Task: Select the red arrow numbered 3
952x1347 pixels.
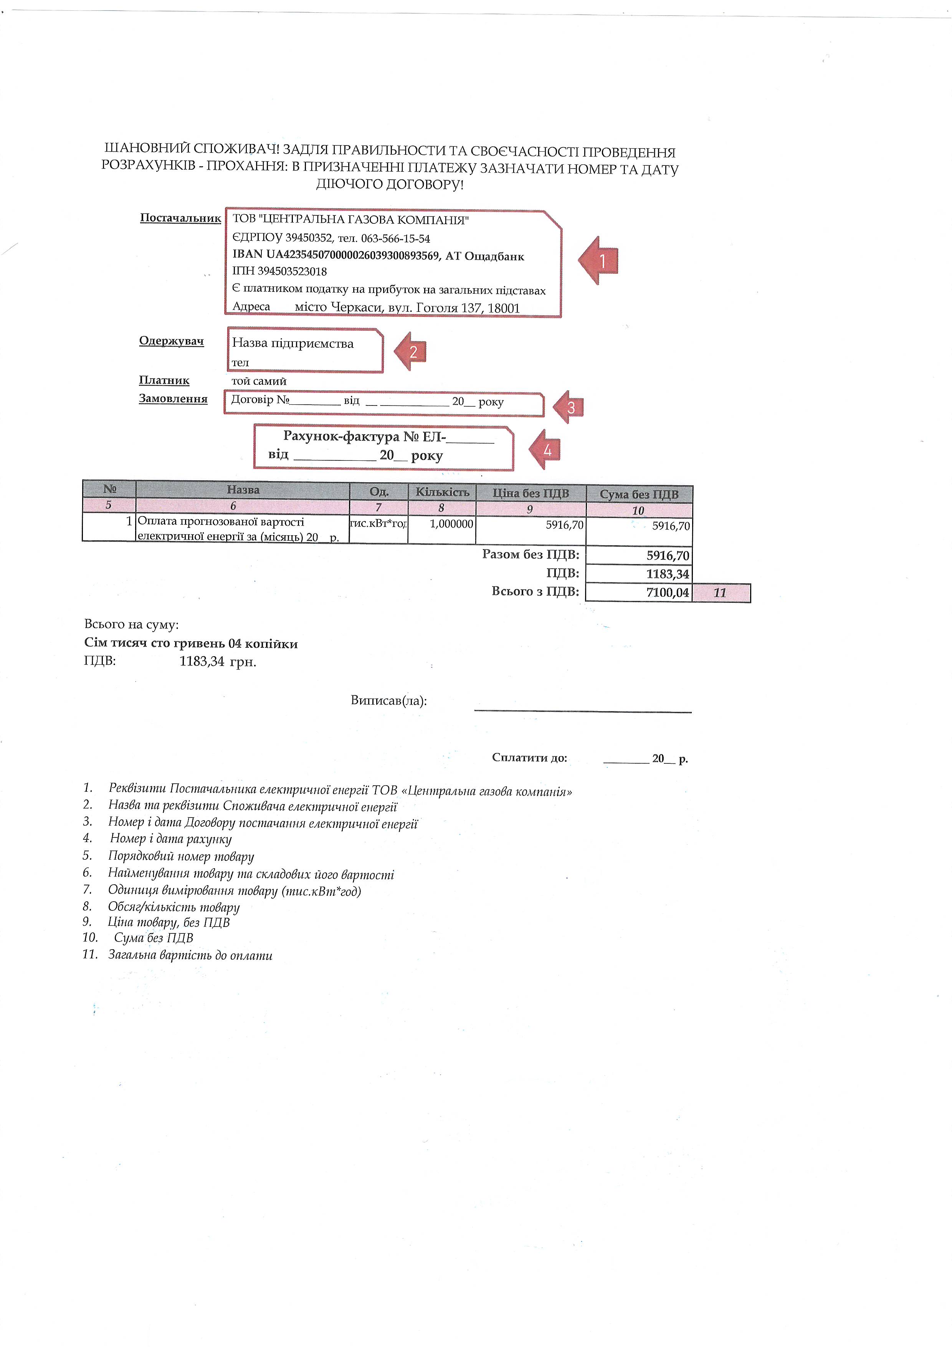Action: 569,407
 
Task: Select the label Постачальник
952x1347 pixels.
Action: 180,218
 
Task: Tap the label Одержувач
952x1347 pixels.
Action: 171,341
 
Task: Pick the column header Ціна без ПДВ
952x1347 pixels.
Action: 530,493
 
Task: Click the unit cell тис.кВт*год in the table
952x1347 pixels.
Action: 378,523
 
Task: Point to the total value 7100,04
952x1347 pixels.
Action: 668,592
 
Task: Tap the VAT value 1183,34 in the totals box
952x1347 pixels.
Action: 668,574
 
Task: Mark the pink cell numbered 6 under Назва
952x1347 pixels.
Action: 233,506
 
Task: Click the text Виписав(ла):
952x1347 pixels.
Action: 388,700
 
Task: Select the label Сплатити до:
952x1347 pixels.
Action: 529,757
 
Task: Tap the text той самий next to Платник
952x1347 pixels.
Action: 259,381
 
